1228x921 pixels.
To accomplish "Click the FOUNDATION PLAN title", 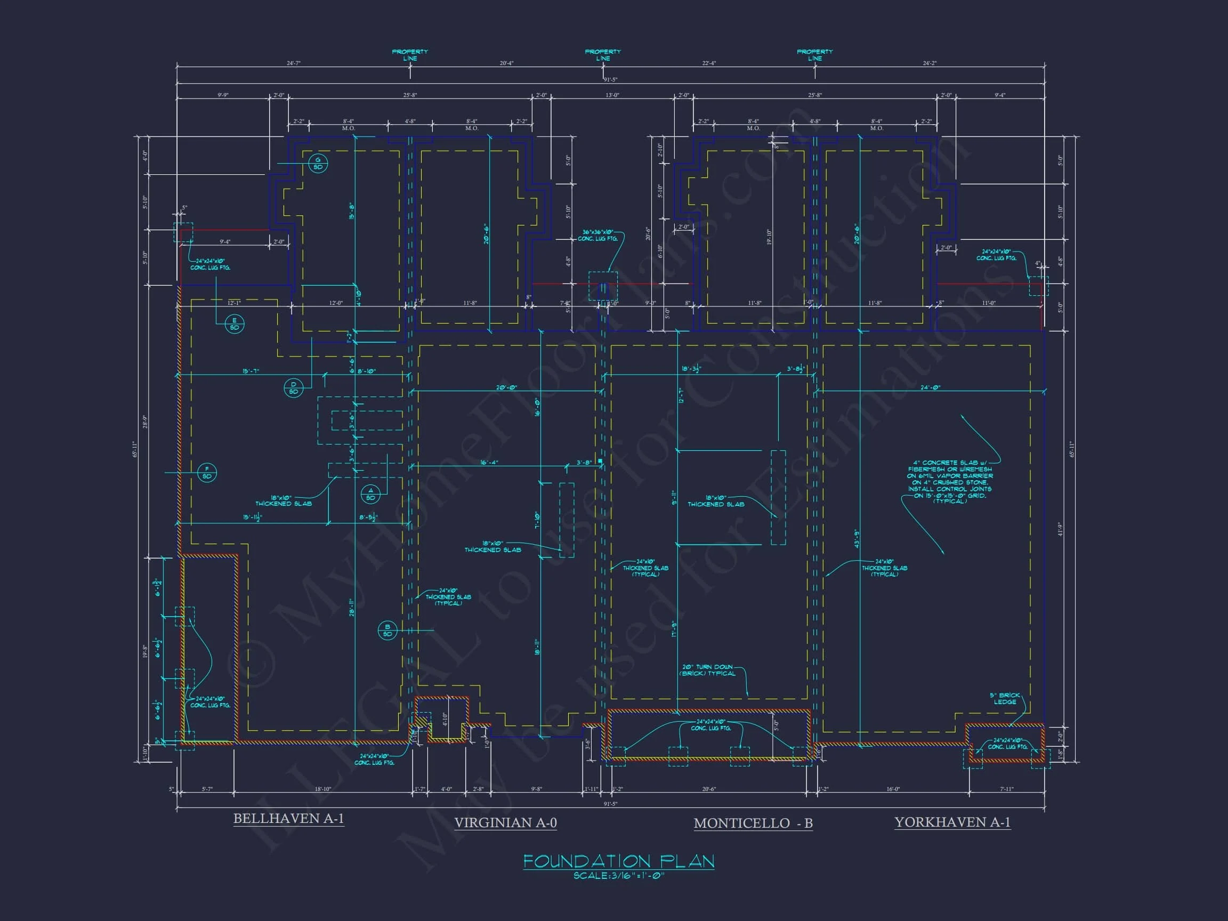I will click(618, 861).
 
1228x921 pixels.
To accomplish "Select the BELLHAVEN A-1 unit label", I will click(289, 818).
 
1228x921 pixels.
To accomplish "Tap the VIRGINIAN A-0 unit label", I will click(505, 823).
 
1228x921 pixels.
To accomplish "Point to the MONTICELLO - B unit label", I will click(753, 823).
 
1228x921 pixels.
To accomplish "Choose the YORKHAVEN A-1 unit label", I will click(952, 822).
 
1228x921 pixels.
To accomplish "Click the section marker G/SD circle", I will click(318, 164).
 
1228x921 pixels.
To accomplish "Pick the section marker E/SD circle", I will click(235, 324).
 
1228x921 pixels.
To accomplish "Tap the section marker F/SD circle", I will click(207, 473).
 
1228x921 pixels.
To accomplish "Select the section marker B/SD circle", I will click(387, 631).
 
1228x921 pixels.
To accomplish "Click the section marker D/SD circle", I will click(294, 387).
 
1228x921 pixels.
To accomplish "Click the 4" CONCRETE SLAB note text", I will click(950, 482).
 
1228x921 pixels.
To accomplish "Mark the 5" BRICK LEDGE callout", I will click(1005, 698).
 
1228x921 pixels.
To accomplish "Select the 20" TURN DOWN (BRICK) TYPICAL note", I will click(707, 670).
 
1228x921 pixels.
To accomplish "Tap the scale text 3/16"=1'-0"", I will click(618, 876).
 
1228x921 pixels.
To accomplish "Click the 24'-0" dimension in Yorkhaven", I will click(931, 387).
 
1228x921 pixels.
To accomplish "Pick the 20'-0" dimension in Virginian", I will click(506, 387).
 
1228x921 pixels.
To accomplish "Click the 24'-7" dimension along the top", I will click(293, 63).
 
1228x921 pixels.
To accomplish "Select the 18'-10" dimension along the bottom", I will click(322, 789).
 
